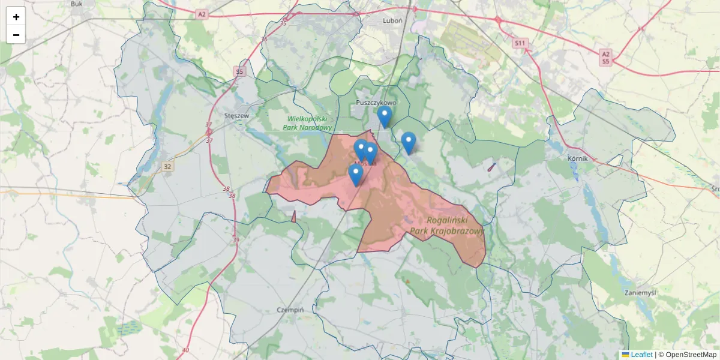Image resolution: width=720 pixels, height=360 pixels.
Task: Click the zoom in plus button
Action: (16, 17)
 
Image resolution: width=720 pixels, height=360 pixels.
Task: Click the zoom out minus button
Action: (16, 35)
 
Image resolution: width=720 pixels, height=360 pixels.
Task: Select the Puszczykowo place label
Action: (376, 103)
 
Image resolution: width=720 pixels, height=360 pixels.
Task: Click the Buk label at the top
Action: (76, 4)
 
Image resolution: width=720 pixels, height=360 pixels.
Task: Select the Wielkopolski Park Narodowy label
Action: (309, 123)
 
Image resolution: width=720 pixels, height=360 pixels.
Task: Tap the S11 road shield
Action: (520, 43)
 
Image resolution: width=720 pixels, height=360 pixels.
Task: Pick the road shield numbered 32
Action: (167, 167)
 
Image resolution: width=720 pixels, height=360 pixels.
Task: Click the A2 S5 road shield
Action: (605, 58)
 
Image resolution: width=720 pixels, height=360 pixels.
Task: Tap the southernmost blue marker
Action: (356, 175)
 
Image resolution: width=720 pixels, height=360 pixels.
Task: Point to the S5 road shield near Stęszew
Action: (239, 72)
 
